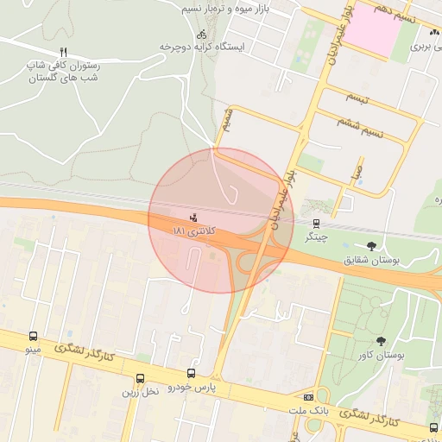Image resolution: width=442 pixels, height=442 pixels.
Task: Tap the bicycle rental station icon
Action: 201,35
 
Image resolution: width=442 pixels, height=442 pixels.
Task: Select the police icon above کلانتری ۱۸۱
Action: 193,217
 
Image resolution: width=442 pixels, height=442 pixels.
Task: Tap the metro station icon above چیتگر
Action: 319,222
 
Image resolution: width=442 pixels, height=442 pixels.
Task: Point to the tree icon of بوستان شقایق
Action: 371,245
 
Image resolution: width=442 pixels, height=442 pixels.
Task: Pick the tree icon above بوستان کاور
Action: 381,342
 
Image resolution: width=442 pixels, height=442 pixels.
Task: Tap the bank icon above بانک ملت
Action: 308,396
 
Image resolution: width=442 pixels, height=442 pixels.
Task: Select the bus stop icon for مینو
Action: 33,337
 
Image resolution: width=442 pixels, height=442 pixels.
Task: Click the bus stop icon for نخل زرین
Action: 140,378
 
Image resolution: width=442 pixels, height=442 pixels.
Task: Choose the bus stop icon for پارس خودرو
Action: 191,375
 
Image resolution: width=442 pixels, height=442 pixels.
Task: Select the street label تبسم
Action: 357,98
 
